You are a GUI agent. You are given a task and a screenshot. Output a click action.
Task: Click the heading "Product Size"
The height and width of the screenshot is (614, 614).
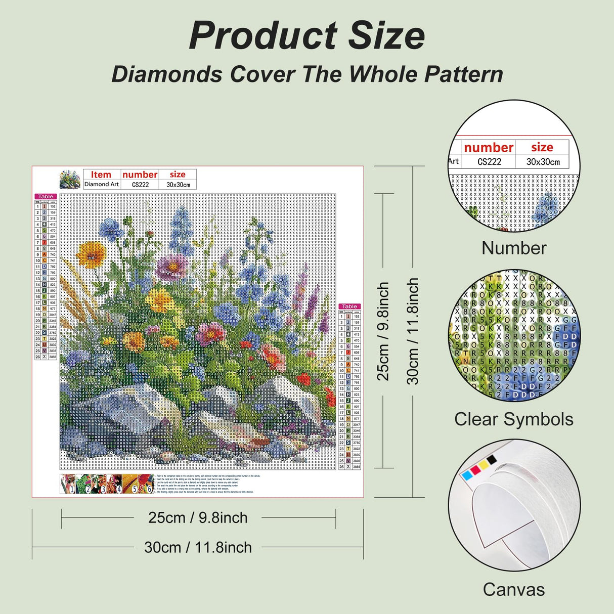coord(306,35)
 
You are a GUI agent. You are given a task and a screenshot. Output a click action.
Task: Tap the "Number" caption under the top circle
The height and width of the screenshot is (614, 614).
coord(513,248)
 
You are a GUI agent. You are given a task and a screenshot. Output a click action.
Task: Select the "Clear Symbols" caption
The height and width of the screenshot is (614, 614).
coord(513,419)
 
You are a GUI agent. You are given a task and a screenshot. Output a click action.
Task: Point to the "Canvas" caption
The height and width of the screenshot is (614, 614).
coord(513,590)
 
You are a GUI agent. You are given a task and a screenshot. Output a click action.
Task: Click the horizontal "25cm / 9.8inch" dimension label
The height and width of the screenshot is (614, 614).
coord(198,518)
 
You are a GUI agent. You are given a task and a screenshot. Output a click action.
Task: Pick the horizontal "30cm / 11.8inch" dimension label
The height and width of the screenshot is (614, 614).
coord(198,547)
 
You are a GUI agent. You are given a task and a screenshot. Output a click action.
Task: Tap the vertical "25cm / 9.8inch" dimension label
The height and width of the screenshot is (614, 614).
coord(383,331)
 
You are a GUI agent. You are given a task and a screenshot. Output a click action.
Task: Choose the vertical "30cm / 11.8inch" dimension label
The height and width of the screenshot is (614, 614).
coord(413,331)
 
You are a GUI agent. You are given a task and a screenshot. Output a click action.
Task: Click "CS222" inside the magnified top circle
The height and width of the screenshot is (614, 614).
coord(489,162)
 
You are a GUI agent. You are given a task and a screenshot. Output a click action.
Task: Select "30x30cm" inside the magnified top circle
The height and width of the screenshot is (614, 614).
coord(543,162)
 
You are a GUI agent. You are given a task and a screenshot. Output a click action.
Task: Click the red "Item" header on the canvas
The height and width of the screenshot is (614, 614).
coord(101,174)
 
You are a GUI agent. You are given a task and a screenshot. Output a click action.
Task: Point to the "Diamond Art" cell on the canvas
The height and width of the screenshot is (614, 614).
coord(101,185)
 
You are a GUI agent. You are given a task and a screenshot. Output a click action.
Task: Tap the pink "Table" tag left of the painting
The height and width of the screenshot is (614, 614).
coord(46,196)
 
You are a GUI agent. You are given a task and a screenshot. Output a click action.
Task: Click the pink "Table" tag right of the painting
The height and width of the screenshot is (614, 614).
coord(349,306)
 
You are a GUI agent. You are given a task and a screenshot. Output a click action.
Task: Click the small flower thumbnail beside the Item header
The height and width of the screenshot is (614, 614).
coord(70,180)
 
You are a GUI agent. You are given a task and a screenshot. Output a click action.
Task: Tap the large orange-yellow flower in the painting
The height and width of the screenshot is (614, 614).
coord(92,253)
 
